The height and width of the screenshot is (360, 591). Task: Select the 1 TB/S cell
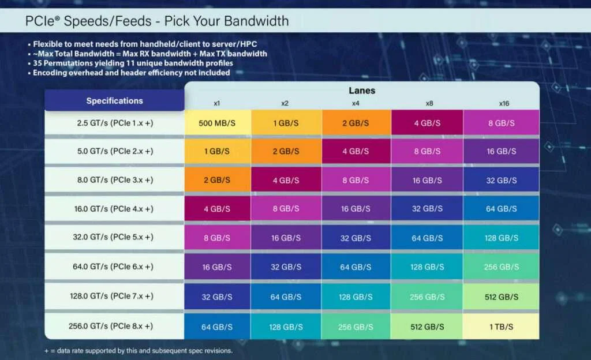coord(501,326)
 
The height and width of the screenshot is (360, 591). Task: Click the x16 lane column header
coord(503,103)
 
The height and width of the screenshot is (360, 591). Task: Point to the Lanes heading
coord(362,91)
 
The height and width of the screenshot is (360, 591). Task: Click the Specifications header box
coord(114,100)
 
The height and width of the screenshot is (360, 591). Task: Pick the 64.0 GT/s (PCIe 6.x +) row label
coord(115,267)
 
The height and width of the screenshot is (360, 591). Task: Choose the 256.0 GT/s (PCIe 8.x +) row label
coord(115,326)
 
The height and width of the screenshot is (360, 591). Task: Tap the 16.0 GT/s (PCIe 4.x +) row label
coord(115,209)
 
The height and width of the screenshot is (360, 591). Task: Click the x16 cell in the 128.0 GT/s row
coord(501,296)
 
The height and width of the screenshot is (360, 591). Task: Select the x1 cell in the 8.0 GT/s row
coord(218,180)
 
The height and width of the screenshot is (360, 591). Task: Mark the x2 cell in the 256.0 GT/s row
coord(285,326)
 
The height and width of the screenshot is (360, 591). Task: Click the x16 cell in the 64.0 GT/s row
coord(501,267)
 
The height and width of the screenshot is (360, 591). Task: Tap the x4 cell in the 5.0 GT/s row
coord(356,151)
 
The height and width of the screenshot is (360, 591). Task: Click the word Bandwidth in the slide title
coord(256,22)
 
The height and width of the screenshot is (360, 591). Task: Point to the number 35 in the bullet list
coord(38,63)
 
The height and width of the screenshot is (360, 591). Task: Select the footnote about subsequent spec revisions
coord(139,351)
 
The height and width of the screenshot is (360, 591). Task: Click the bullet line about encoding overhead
coord(131,73)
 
